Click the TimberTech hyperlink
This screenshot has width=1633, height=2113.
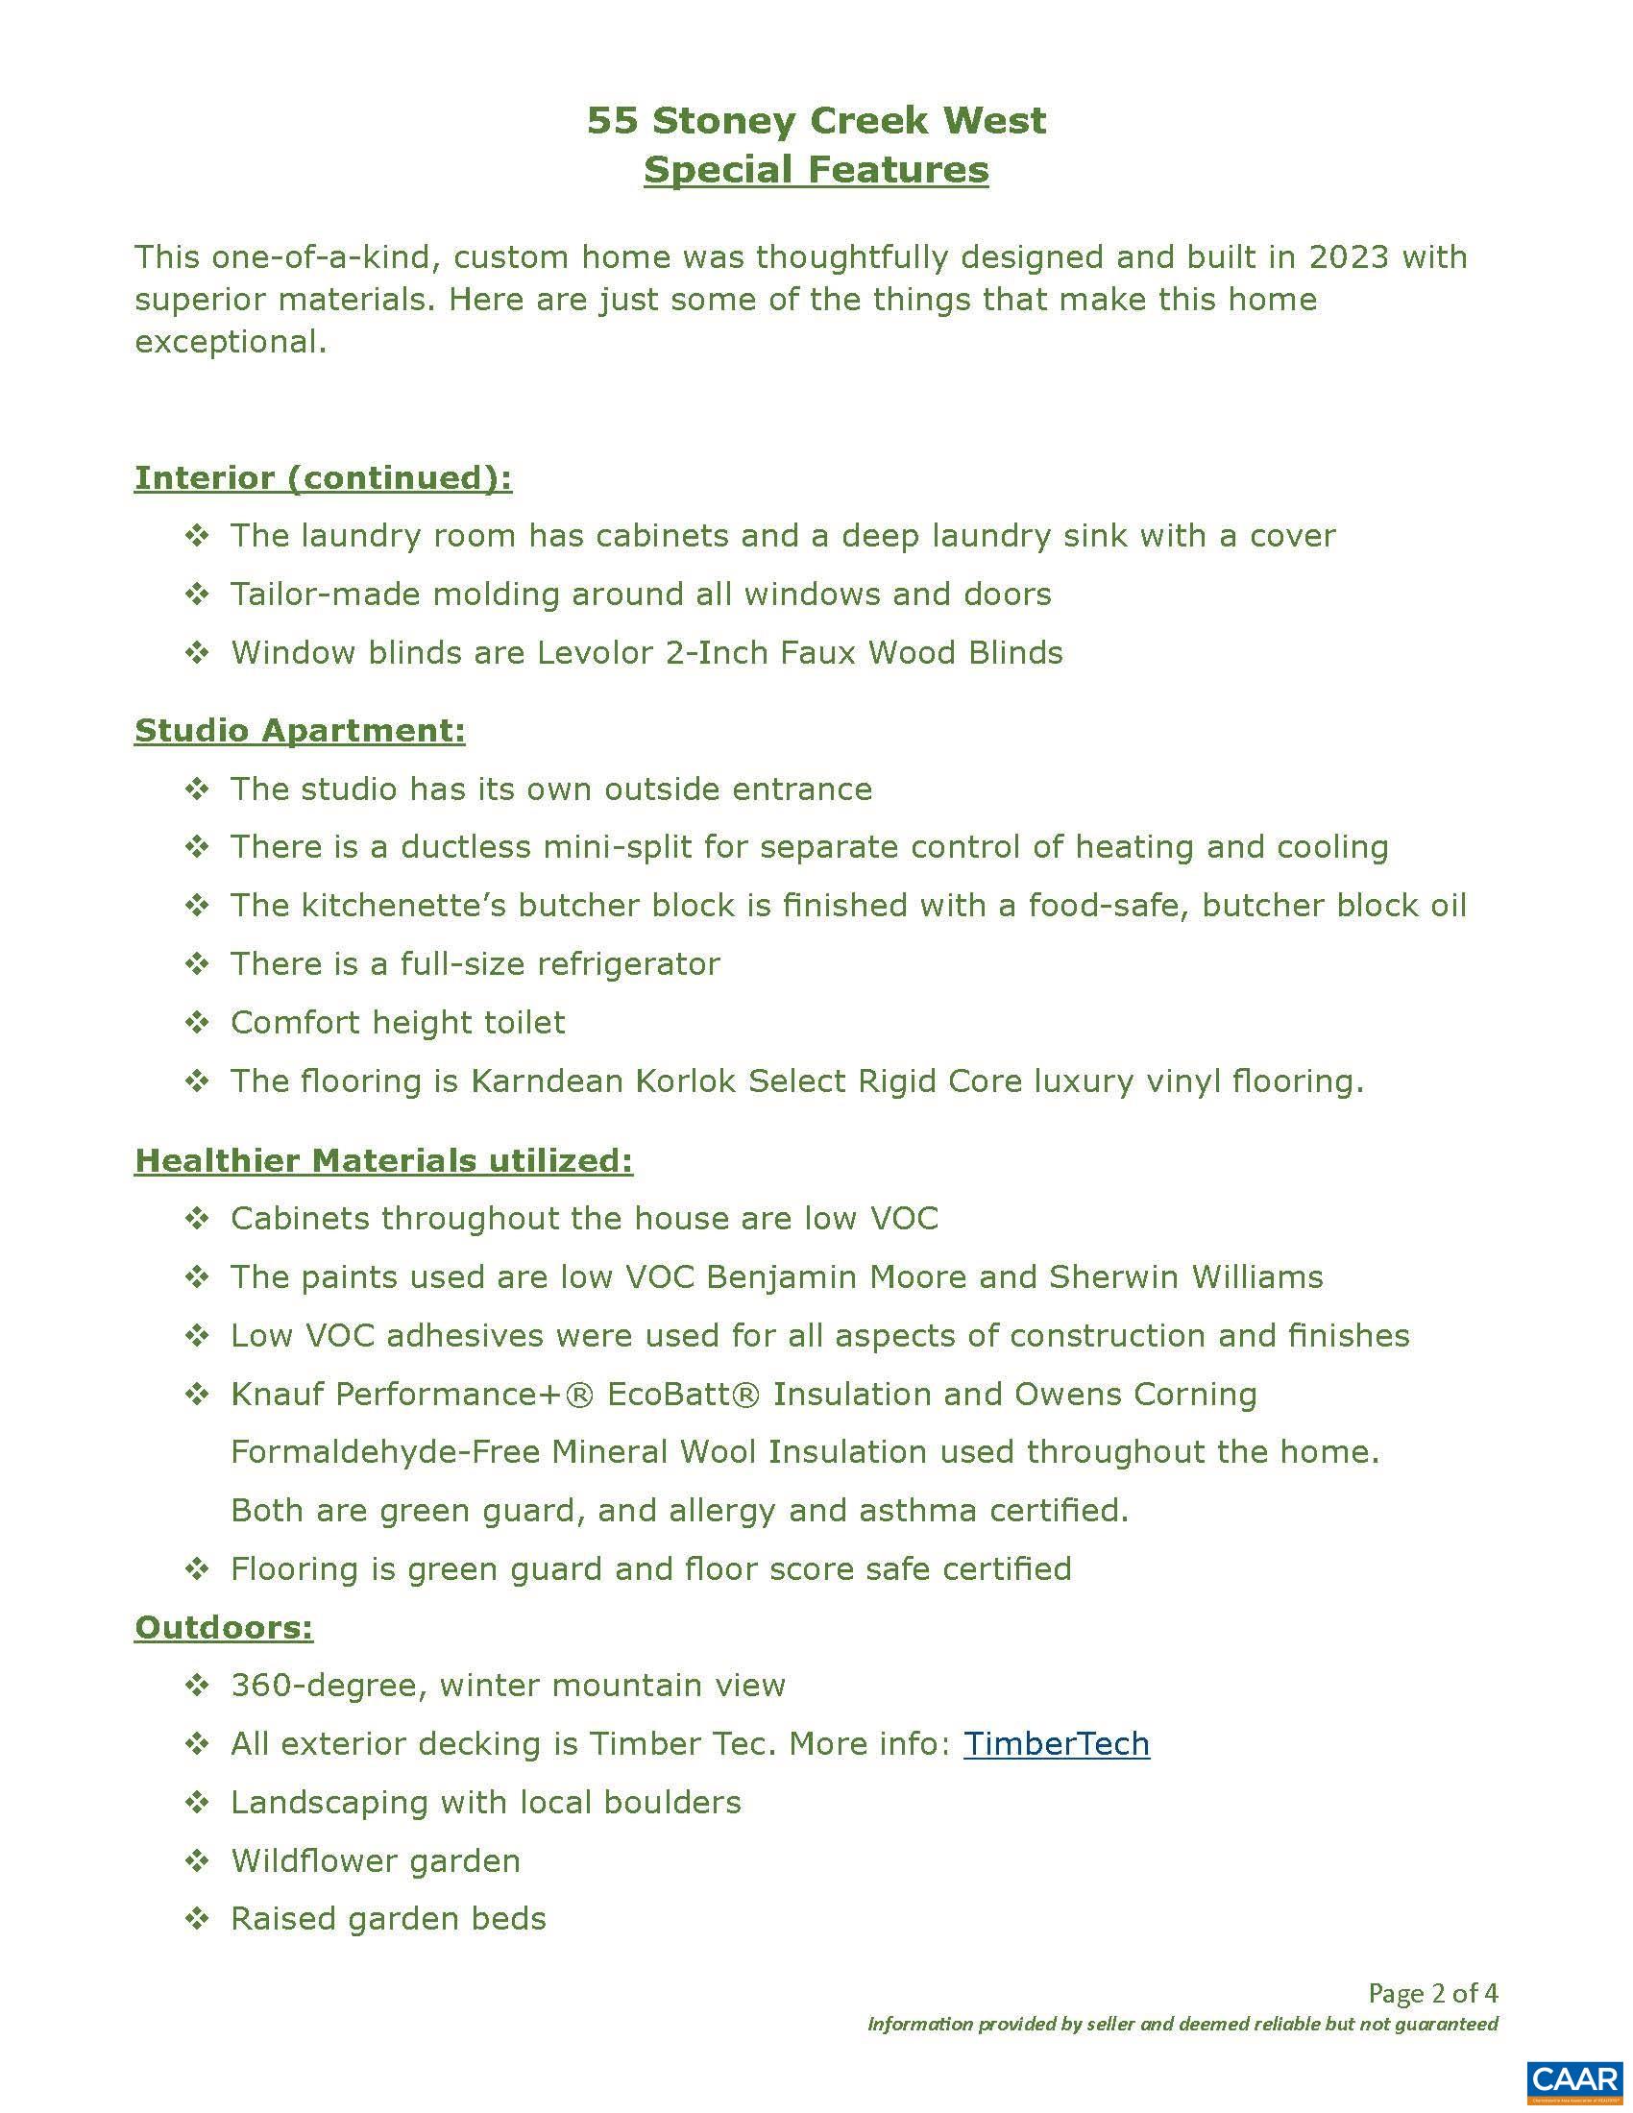1057,1743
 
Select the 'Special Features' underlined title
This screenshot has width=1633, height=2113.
816,169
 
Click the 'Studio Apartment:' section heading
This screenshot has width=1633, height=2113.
300,731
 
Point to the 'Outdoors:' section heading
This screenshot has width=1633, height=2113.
224,1627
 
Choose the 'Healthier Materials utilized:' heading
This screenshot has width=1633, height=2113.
383,1160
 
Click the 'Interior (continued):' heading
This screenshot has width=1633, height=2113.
323,478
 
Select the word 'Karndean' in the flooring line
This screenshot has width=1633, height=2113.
547,1081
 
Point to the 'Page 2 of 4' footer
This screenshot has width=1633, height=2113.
1432,1993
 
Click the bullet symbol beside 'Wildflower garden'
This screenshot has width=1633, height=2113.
197,1860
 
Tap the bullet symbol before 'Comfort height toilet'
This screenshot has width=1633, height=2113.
197,1023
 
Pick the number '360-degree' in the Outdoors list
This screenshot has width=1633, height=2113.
329,1686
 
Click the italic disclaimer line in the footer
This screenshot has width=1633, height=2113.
1182,2024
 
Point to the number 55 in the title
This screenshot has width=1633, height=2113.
614,121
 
